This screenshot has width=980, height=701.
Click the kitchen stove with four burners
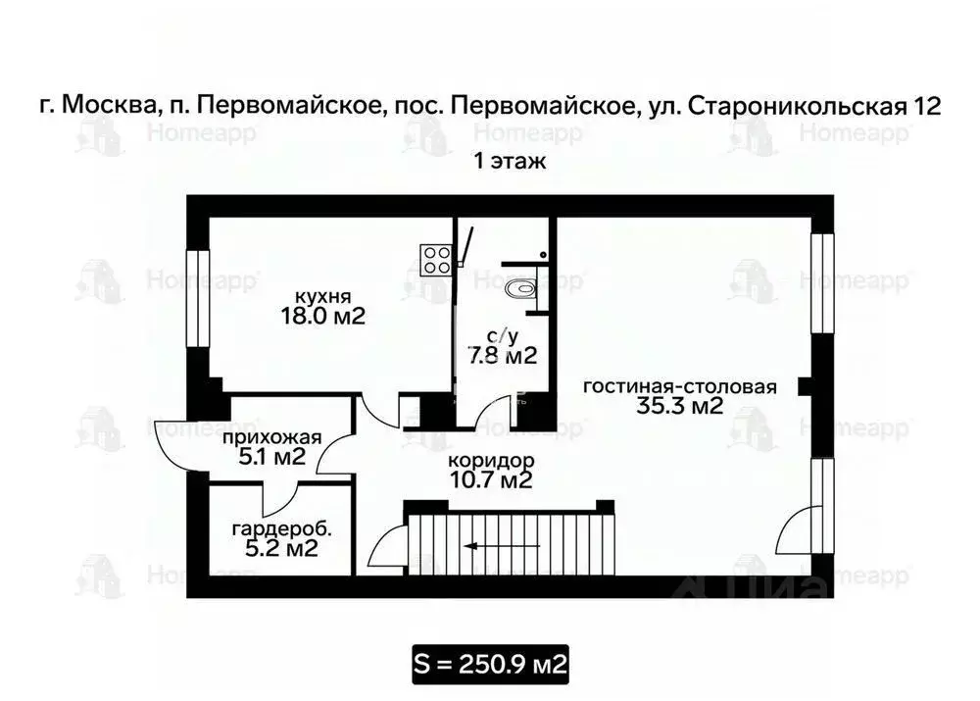pos(437,259)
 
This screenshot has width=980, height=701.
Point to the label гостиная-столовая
pos(679,386)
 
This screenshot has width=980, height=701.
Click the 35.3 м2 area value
pos(679,407)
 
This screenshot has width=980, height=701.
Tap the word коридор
pos(490,460)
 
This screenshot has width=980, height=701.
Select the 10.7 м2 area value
pos(490,480)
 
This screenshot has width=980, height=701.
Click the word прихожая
pos(271,437)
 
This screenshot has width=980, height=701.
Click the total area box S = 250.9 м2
pos(490,665)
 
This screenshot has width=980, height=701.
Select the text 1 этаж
pos(510,162)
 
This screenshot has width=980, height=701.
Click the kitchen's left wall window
pos(199,298)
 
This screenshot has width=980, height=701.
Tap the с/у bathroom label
pos(503,336)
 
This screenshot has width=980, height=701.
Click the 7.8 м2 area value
pos(503,356)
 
